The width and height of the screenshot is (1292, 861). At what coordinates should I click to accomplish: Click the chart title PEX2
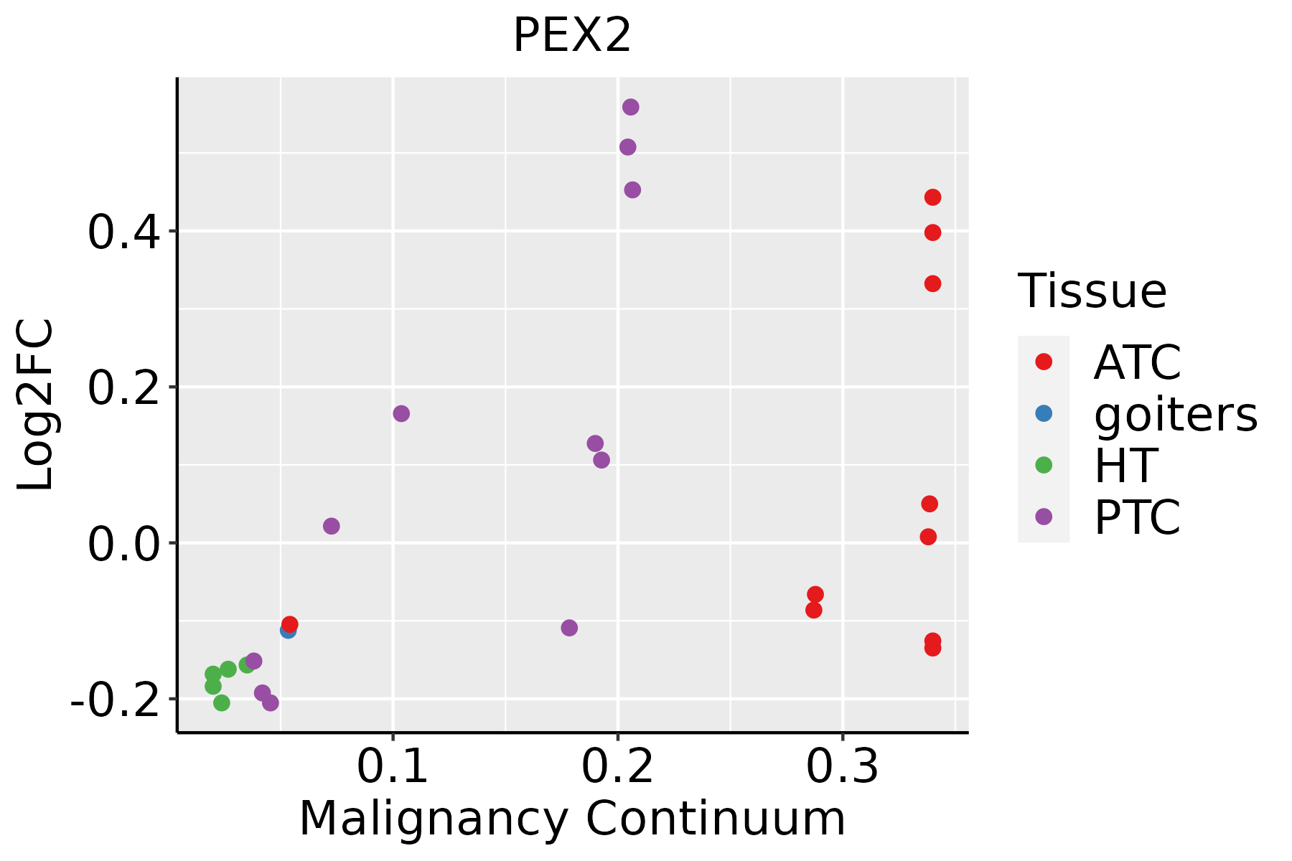coord(572,36)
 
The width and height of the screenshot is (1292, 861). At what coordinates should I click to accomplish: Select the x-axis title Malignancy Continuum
coord(572,819)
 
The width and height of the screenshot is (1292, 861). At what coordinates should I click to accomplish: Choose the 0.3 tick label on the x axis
coord(842,766)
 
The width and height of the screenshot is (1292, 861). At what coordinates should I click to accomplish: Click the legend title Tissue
coord(1092,291)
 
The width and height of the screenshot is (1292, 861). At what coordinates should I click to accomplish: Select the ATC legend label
coord(1137,362)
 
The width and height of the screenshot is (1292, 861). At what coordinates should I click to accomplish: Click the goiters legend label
coord(1175,414)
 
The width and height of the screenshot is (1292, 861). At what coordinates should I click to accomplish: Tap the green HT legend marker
coord(1044,465)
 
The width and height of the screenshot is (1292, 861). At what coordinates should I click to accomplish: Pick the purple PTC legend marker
coord(1044,517)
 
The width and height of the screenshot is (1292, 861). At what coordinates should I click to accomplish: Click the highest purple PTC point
coord(631,107)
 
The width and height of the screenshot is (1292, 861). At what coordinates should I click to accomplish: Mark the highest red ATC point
coord(932,197)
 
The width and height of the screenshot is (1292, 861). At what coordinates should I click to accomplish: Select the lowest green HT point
coord(222,702)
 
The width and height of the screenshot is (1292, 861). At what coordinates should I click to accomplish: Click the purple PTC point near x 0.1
coord(401,413)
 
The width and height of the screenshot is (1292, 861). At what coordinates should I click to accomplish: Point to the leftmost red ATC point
coord(290,624)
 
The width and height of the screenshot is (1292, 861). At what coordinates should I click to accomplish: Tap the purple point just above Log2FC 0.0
coord(331,526)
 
